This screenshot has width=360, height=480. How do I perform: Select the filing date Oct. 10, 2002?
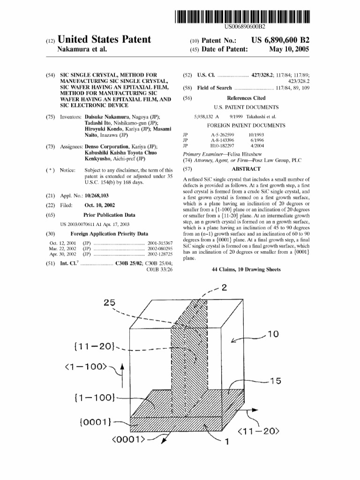(100, 205)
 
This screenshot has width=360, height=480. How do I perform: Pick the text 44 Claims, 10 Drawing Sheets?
(246, 270)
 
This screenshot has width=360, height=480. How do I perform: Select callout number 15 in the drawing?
(275, 382)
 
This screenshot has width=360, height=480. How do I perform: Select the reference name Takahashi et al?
(259, 116)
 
